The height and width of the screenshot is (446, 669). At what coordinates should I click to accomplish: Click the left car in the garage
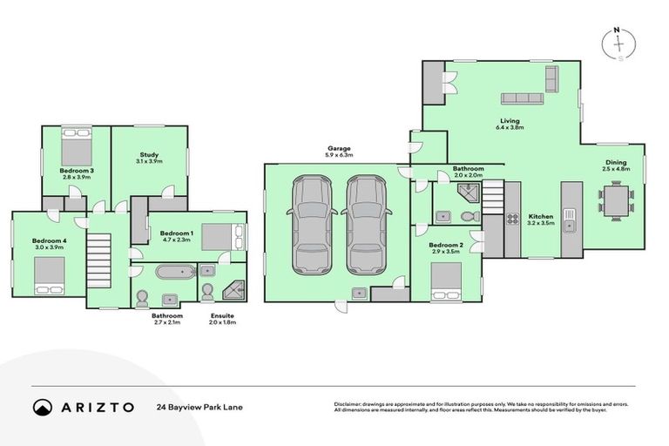pyautogui.click(x=312, y=223)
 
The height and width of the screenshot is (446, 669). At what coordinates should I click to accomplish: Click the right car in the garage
pyautogui.click(x=365, y=223)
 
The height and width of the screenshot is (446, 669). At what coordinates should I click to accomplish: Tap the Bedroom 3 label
pyautogui.click(x=77, y=170)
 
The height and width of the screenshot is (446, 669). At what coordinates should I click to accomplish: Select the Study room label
pyautogui.click(x=148, y=154)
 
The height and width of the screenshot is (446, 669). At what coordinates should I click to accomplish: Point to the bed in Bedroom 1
pyautogui.click(x=218, y=236)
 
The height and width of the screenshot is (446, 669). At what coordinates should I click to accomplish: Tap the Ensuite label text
pyautogui.click(x=222, y=315)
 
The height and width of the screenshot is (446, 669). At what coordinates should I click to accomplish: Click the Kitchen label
pyautogui.click(x=540, y=215)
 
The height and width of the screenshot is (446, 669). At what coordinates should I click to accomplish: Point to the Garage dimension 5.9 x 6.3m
pyautogui.click(x=338, y=155)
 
